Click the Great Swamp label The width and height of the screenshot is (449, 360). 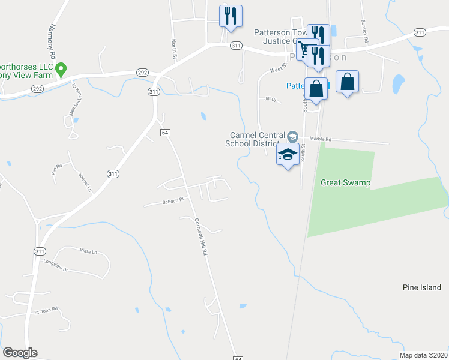coord(345,182)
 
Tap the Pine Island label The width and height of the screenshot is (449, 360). coord(422,288)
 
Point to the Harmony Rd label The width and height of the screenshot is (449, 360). coord(53,41)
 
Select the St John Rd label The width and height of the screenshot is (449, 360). coord(46,310)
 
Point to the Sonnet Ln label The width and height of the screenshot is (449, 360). coord(85,182)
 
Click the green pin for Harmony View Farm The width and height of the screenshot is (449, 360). coord(61,70)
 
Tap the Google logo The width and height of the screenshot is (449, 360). coord(20,353)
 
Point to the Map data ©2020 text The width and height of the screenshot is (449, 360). coord(423,355)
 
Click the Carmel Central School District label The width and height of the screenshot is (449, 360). coord(255,139)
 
